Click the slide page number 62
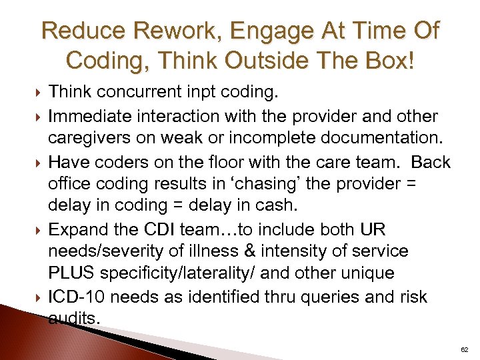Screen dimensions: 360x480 tap(465, 349)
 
